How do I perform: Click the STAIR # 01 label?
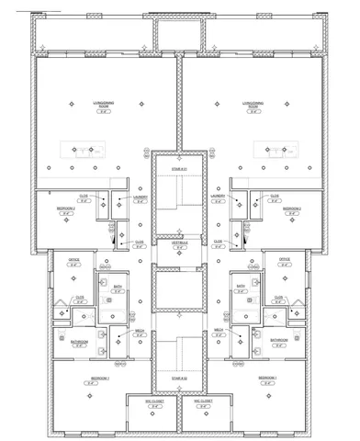[x=179, y=169]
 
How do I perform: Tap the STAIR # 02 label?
[x=179, y=377]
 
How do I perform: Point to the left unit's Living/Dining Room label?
[x=104, y=105]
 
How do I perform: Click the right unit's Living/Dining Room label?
[x=254, y=105]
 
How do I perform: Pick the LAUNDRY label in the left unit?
[x=141, y=197]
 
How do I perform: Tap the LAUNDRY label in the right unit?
[x=218, y=197]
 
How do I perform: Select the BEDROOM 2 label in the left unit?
[x=66, y=209]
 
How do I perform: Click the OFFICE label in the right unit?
[x=285, y=260]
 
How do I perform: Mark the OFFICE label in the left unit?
[x=73, y=260]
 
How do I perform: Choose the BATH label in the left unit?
[x=118, y=287]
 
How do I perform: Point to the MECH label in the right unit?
[x=219, y=330]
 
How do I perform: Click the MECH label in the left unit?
[x=140, y=330]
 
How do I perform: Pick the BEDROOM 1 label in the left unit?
[x=99, y=379]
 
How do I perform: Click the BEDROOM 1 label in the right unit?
[x=267, y=379]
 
